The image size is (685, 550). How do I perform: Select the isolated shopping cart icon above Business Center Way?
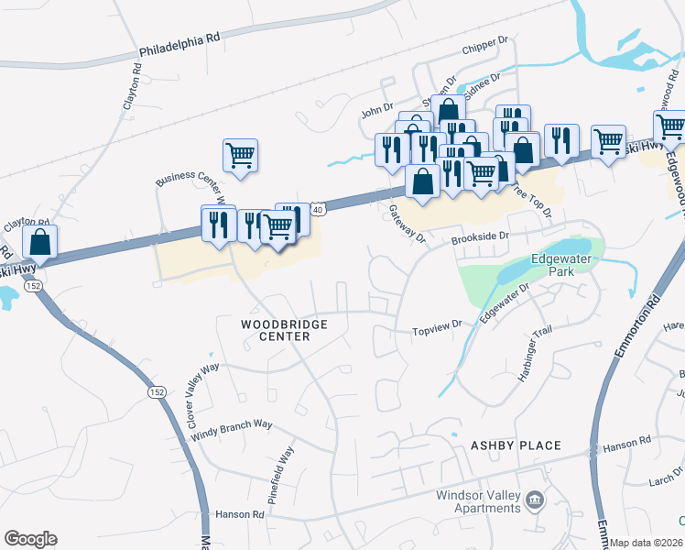click(x=240, y=156)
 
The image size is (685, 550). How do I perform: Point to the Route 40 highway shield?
click(x=317, y=210)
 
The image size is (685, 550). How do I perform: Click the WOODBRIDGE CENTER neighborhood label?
click(x=276, y=330)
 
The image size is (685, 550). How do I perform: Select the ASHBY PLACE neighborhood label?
click(x=516, y=445)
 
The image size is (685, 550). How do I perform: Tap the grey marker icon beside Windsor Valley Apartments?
click(x=535, y=500)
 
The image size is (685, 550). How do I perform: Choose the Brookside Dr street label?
click(x=480, y=236)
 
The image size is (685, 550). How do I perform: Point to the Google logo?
click(x=30, y=539)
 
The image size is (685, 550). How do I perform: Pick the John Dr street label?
click(x=376, y=111)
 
